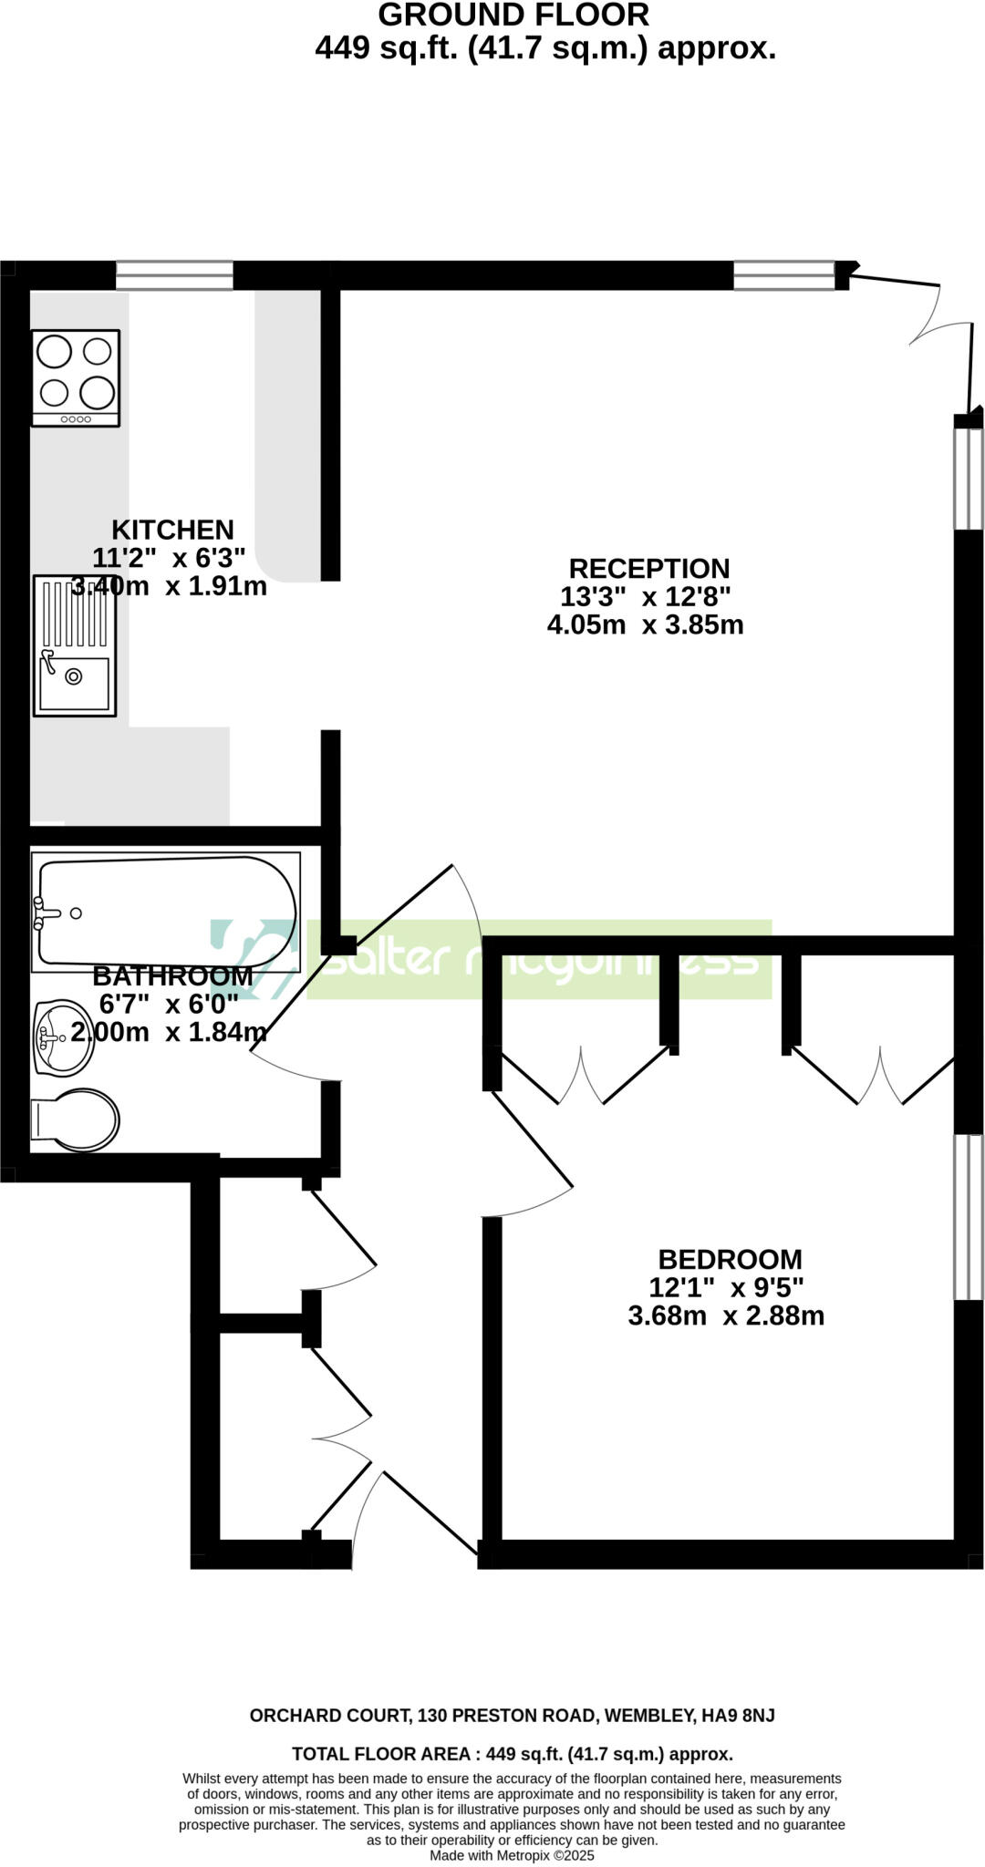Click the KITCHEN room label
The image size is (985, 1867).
coord(172,530)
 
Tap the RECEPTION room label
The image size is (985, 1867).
coord(649,568)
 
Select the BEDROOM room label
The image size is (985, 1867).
coord(730,1259)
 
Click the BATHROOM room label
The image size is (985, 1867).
coord(172,975)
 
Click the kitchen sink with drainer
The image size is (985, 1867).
coord(75,645)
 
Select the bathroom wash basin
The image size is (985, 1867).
coord(62,1037)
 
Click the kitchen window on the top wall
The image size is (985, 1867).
coord(174,275)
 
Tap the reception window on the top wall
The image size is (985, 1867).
coord(784,275)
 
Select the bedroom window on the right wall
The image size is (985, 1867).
coord(968,1217)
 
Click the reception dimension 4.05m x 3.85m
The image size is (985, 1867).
coord(645,625)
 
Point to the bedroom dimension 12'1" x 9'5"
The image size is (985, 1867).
coord(726,1287)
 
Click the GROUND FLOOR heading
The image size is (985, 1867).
coord(513,15)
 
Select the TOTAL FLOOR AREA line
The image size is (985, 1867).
coord(512,1754)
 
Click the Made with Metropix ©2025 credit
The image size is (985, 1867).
coord(512,1855)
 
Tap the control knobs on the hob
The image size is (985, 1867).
coord(76,419)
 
